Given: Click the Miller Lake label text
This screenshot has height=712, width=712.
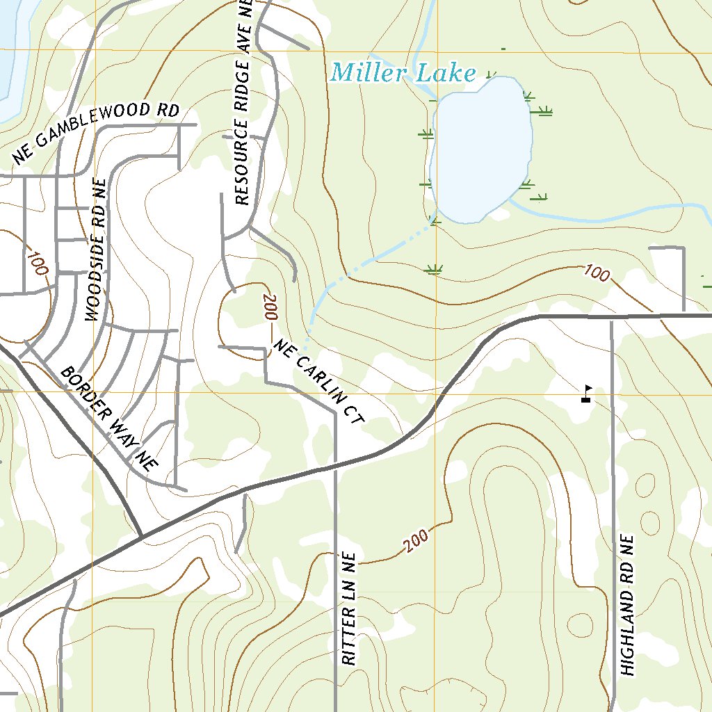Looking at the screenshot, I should (x=403, y=73).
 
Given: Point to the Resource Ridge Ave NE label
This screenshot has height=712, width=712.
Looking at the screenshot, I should (x=242, y=104).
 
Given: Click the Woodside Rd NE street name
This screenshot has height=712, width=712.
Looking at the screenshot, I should (x=97, y=250).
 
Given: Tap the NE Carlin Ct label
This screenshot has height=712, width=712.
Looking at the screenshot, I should (x=319, y=381).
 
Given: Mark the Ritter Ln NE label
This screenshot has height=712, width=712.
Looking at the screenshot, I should (x=349, y=609).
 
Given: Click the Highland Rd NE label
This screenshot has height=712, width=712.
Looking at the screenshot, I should (x=628, y=605).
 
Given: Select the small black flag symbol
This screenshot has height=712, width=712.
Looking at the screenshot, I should (x=587, y=394).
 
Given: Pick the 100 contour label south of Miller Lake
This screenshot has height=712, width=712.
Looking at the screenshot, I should (x=596, y=273).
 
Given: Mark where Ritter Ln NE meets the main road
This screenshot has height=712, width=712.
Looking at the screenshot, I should (x=336, y=467).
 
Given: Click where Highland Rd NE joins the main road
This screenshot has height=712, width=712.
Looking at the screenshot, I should (x=612, y=316).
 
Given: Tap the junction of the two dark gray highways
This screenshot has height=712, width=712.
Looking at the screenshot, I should (x=142, y=537).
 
